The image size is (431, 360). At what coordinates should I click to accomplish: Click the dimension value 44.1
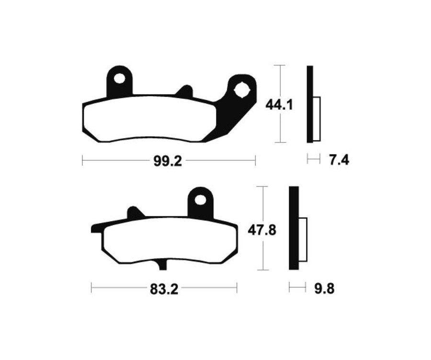pyautogui.click(x=280, y=104)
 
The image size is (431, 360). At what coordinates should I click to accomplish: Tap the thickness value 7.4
pyautogui.click(x=339, y=160)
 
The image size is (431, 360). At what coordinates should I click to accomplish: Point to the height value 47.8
pyautogui.click(x=261, y=230)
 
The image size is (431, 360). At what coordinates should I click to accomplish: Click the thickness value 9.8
pyautogui.click(x=324, y=289)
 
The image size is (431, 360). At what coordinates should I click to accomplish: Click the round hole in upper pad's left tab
pyautogui.click(x=119, y=78)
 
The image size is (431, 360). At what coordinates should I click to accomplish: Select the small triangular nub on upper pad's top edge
pyautogui.click(x=184, y=90)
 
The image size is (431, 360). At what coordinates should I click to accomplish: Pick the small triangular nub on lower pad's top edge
pyautogui.click(x=134, y=212)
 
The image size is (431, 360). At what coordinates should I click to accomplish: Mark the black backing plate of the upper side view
pyautogui.click(x=310, y=104)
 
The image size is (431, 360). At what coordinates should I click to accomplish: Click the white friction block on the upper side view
pyautogui.click(x=317, y=118)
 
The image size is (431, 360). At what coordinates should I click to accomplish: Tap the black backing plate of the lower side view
pyautogui.click(x=294, y=230)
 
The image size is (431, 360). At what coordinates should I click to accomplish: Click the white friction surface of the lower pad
pyautogui.click(x=168, y=241)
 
